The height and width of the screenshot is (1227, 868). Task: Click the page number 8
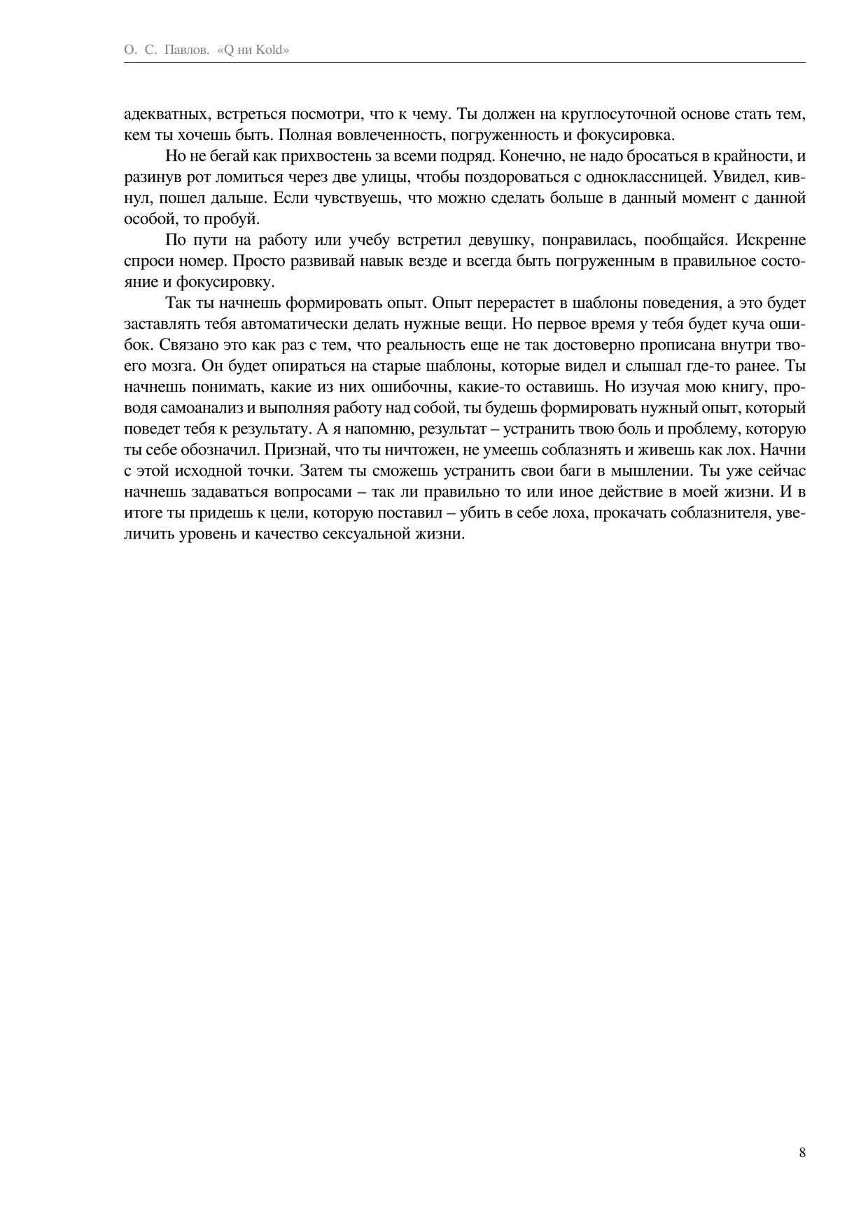(802, 1153)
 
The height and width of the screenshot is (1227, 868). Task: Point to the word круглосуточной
(615, 114)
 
